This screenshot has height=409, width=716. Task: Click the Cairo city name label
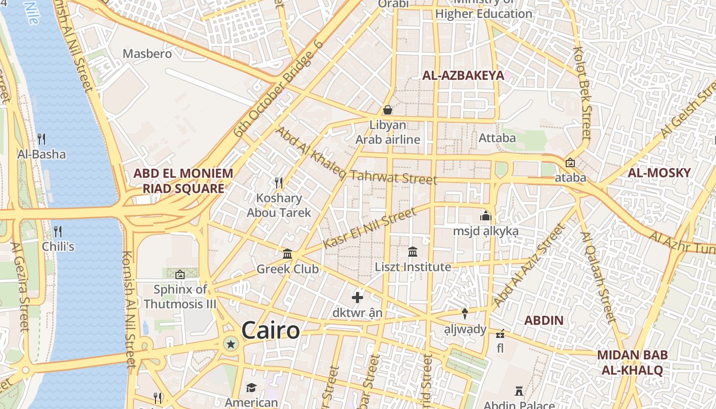pos(270,330)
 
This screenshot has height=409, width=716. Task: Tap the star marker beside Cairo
pos(231,344)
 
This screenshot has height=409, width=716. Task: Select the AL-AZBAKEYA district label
pos(463,76)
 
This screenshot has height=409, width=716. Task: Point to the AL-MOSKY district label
pos(659,173)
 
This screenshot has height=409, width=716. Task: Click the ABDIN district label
pos(544,321)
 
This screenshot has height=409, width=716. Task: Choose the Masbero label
pos(147,53)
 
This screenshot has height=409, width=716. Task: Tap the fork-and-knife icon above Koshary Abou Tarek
pos(279,183)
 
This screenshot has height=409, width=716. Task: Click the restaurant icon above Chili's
pos(58,231)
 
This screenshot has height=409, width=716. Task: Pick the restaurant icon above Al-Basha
pos(41,139)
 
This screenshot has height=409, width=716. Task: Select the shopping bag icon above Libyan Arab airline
pos(388,110)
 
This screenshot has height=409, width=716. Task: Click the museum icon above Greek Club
pos(287,254)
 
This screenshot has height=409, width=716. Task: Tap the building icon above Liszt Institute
pos(413,252)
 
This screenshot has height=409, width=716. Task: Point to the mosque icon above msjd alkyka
pos(485,216)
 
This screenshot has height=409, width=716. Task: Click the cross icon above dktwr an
pos(357,297)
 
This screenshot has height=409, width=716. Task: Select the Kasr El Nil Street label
pos(370,229)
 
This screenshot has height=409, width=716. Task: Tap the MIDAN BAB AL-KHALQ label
pos(632,362)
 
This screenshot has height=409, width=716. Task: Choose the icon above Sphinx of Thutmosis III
pos(180,275)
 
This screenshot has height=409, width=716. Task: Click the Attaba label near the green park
pos(497,138)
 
